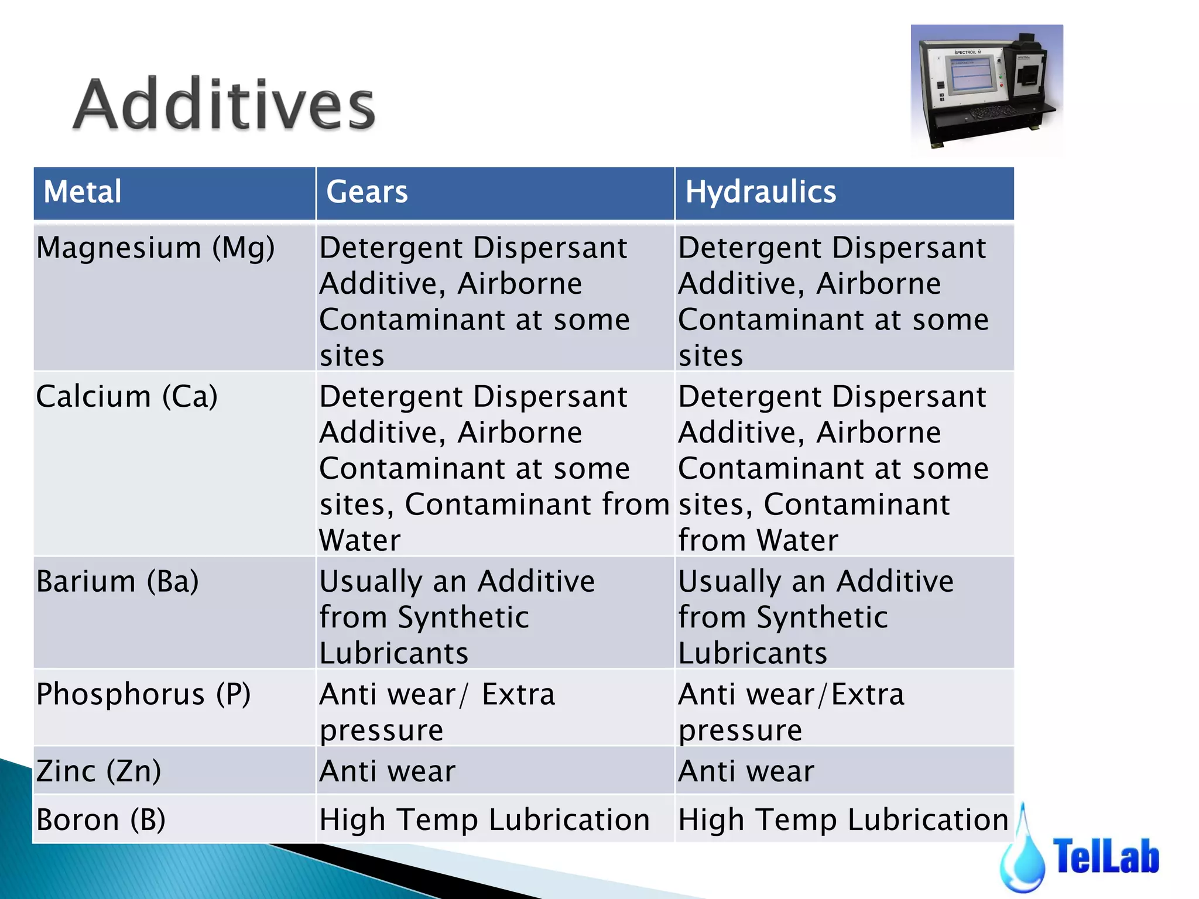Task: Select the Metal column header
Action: [83, 192]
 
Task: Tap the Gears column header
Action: [366, 192]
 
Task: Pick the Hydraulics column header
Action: [760, 192]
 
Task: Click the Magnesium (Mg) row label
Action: [156, 248]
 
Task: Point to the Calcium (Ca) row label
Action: [127, 397]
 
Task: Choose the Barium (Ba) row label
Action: [118, 582]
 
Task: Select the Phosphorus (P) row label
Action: [143, 695]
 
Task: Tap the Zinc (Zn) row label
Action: [98, 771]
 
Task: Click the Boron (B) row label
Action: [101, 819]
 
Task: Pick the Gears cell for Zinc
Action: [387, 771]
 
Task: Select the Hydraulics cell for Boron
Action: [843, 819]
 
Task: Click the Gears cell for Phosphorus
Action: [437, 712]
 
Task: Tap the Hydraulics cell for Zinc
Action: [746, 771]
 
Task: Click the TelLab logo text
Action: [1105, 856]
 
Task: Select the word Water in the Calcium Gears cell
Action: [359, 540]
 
